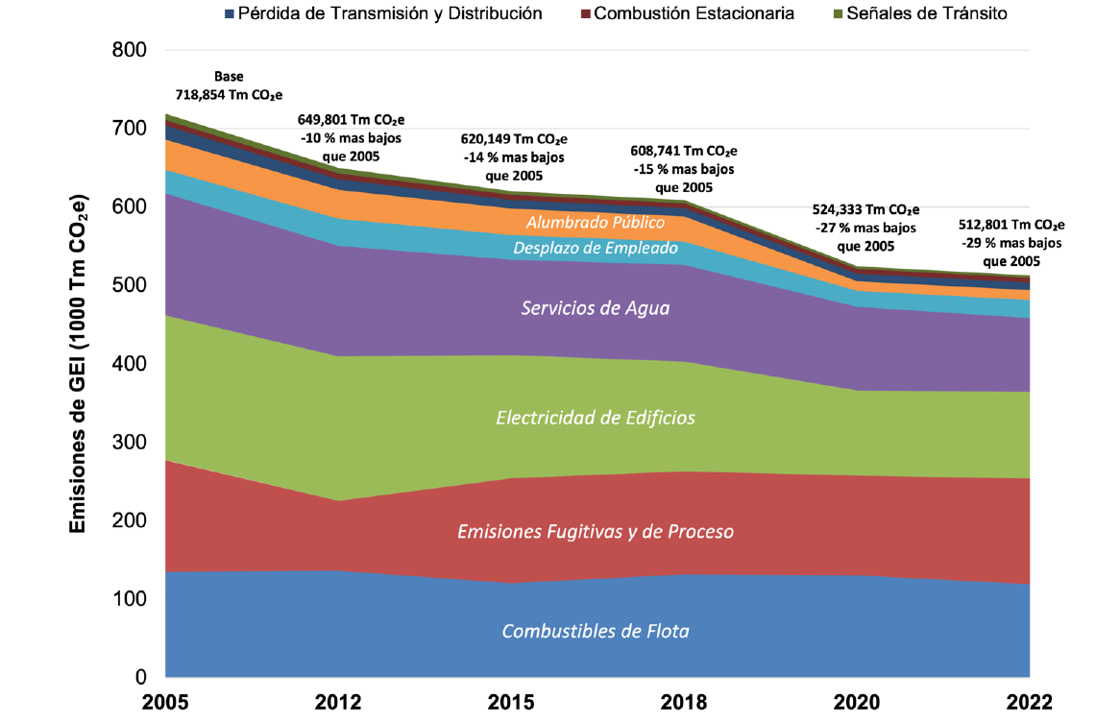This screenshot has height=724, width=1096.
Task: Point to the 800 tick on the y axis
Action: coord(129,50)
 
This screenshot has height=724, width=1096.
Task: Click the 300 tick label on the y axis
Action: coord(129,443)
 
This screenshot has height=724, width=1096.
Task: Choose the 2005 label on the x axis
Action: coord(165,702)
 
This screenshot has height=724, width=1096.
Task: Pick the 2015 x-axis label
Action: coord(511,702)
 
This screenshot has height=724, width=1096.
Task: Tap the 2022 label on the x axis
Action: coord(1029,702)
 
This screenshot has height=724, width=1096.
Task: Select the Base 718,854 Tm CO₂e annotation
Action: coord(229,86)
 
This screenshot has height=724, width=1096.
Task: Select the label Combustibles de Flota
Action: coord(596,632)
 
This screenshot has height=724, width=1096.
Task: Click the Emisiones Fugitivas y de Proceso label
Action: coord(596,531)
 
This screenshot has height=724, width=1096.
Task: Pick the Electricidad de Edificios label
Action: coord(596,418)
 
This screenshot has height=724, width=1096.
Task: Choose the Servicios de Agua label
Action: coord(596,308)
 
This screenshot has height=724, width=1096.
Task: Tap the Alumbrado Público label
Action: coord(596,223)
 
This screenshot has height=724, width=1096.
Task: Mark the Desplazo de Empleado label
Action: coord(596,248)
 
